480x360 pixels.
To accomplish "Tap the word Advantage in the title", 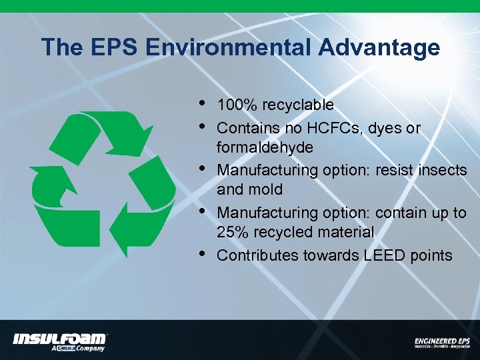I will click(x=379, y=48).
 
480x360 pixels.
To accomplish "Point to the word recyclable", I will click(x=298, y=105).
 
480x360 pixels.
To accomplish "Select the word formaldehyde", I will click(x=265, y=147).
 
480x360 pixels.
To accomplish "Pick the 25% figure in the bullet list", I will click(x=233, y=232).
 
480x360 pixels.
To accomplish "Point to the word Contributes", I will click(x=258, y=255).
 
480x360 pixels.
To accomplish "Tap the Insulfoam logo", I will click(x=59, y=340).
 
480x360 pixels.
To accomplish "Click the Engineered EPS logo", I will click(x=442, y=343).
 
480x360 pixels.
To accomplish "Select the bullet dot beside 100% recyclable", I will click(x=202, y=103).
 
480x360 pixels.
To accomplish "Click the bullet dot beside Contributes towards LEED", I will click(x=202, y=253).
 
